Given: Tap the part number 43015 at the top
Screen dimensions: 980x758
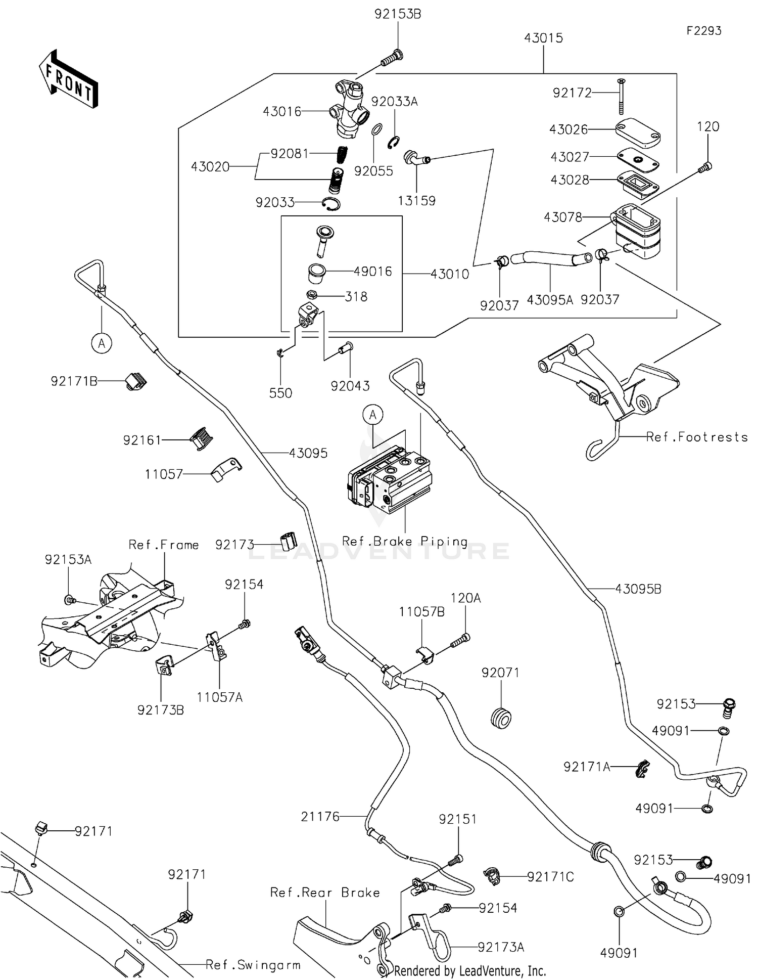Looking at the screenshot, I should [543, 38].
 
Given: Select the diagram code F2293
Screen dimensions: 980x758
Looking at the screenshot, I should [703, 31].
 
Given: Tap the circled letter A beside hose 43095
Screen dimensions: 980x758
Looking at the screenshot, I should [102, 343].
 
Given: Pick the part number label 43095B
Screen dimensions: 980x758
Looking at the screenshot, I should [638, 589].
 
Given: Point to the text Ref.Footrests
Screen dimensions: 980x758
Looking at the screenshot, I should [697, 437].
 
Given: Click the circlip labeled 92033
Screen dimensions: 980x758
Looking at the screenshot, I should [331, 204].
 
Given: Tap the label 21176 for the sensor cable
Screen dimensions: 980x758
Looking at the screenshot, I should [320, 816].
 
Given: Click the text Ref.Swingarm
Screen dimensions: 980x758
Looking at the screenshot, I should [253, 965].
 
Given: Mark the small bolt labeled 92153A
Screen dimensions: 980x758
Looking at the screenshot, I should [69, 600].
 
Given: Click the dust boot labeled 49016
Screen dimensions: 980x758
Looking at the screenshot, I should [317, 274].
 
